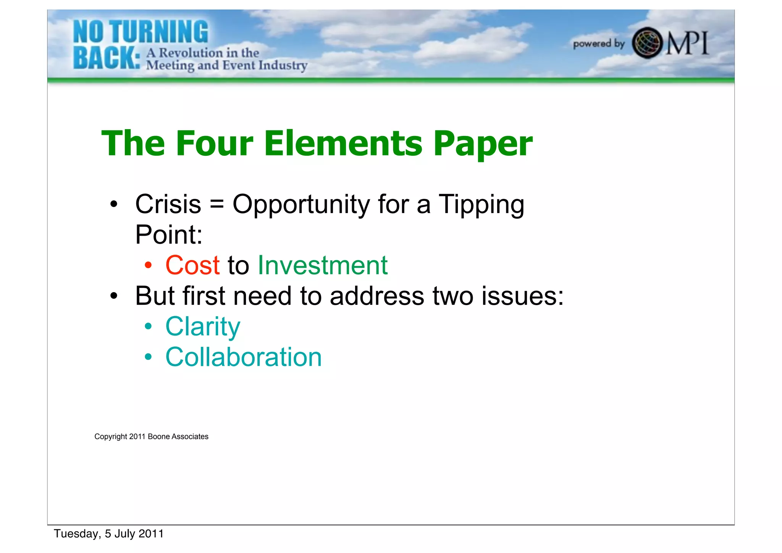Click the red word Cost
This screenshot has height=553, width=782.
tap(192, 265)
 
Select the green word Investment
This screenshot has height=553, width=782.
tap(323, 265)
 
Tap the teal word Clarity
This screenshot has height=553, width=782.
tap(202, 327)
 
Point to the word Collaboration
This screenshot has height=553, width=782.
tap(243, 357)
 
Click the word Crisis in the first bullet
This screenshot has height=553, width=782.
tap(168, 204)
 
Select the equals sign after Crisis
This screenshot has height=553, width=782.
tap(217, 204)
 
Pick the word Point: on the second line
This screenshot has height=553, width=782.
tap(168, 234)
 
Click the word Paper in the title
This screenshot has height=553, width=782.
tap(483, 144)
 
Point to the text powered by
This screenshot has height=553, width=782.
tap(598, 44)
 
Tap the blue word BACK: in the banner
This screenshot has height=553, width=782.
tap(107, 58)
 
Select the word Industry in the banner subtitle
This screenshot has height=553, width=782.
tap(283, 66)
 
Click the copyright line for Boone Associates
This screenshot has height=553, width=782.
tap(151, 437)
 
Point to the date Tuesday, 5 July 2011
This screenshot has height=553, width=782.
tap(108, 534)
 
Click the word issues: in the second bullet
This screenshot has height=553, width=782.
tap(522, 296)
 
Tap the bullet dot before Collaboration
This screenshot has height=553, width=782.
tap(149, 357)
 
